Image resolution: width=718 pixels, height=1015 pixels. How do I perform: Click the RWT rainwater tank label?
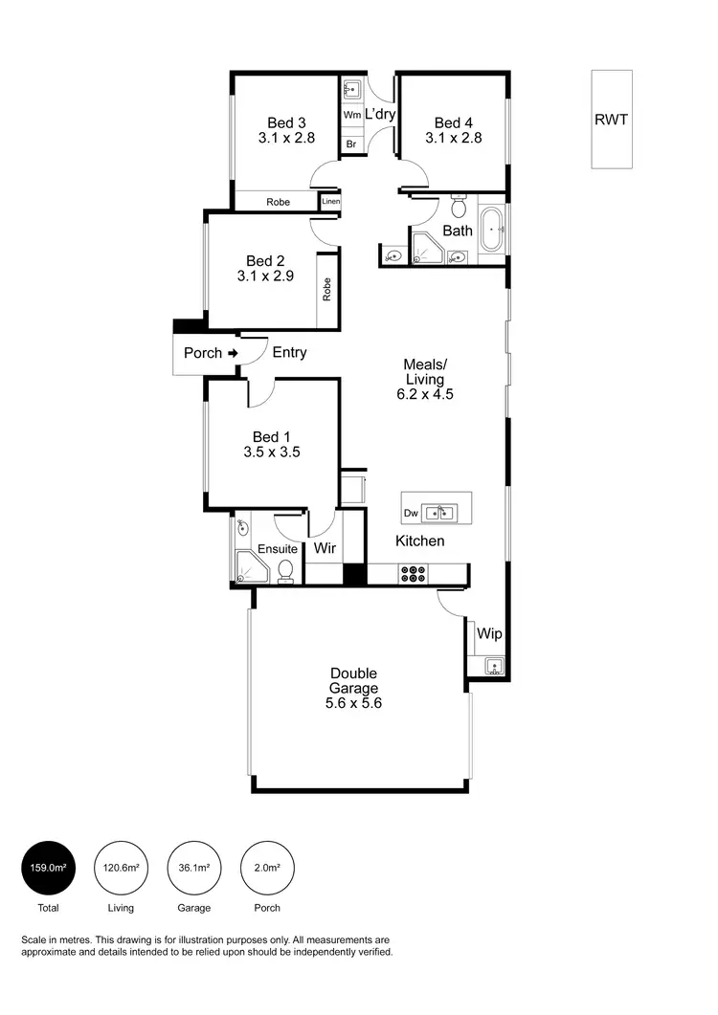tap(612, 120)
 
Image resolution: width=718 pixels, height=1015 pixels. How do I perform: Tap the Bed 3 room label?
tap(286, 122)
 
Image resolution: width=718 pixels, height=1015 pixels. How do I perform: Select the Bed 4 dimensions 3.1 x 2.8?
tap(453, 138)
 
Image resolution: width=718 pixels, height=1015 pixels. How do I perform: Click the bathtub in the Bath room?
tap(492, 230)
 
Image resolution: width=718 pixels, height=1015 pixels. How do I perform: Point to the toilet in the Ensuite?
tap(285, 570)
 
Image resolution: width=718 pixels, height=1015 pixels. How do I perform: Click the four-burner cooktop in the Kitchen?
tap(414, 574)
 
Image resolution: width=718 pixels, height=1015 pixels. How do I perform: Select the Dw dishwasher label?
tap(411, 514)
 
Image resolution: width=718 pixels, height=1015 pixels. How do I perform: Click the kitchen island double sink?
tap(441, 513)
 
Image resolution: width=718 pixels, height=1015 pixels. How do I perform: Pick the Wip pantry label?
tap(489, 634)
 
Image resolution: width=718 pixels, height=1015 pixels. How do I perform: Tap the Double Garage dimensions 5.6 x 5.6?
tap(354, 702)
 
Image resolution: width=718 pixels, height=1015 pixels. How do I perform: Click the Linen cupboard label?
tap(330, 202)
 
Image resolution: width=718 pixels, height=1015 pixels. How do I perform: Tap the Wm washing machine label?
tap(352, 115)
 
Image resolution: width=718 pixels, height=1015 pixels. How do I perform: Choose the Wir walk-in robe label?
tap(323, 549)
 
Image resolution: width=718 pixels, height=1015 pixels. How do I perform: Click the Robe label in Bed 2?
tap(327, 289)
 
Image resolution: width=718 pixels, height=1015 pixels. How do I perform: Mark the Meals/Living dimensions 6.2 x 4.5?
tap(424, 393)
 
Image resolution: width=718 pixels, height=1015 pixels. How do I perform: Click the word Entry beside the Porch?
tap(289, 353)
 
